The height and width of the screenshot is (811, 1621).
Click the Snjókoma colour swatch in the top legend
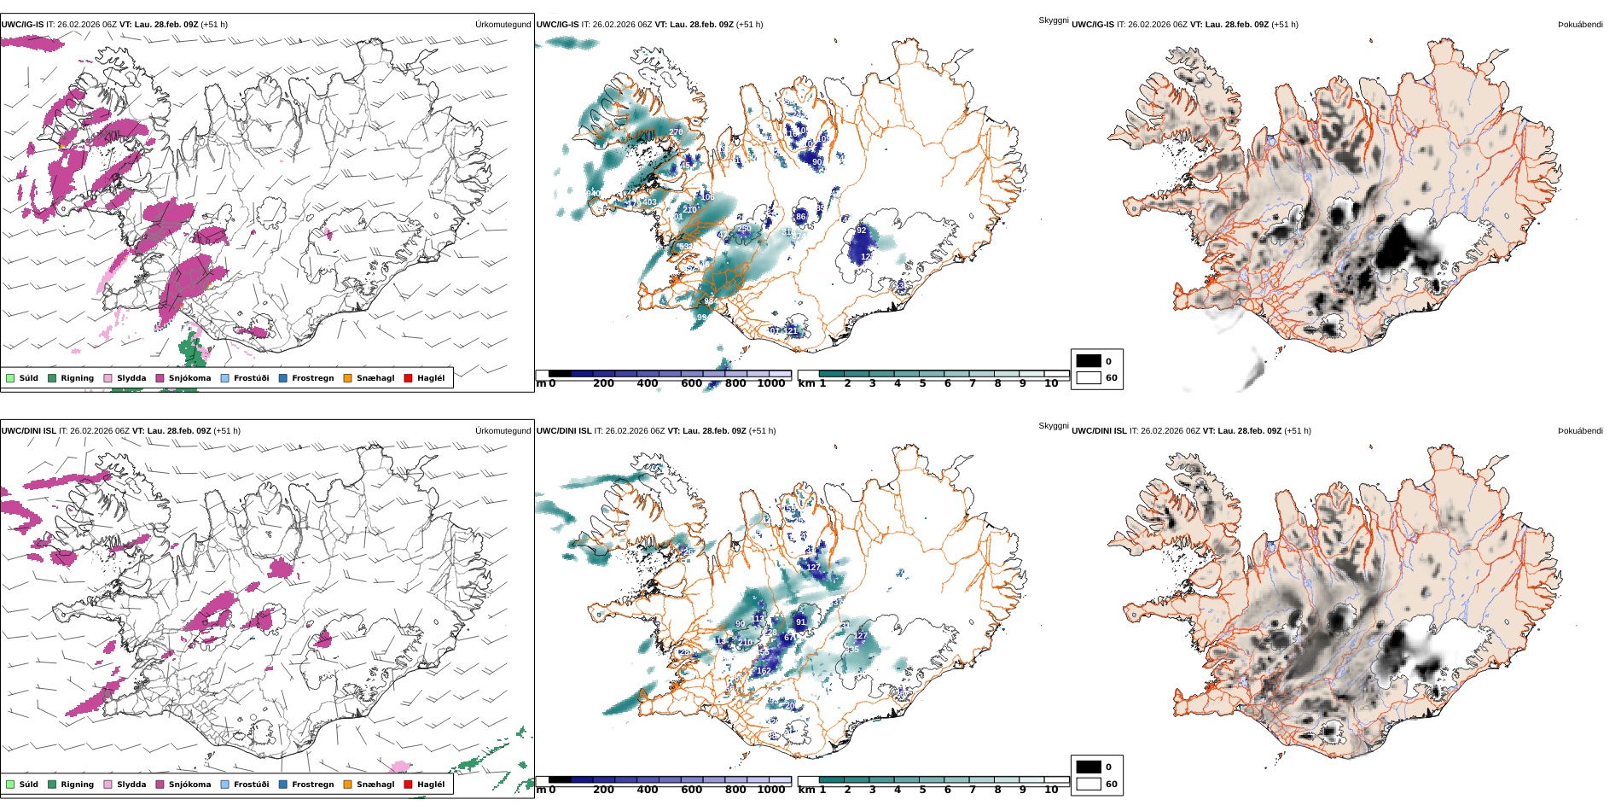click(160, 378)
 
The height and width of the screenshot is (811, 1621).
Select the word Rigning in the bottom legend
click(77, 785)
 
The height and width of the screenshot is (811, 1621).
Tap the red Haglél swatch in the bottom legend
click(408, 785)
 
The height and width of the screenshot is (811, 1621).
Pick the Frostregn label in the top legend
click(312, 378)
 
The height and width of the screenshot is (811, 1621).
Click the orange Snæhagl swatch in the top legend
click(347, 378)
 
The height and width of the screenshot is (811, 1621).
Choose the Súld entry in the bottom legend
click(28, 785)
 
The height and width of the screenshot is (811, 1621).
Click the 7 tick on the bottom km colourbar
click(973, 790)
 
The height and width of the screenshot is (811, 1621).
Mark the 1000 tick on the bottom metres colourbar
click(771, 790)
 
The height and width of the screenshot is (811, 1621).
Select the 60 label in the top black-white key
click(1112, 378)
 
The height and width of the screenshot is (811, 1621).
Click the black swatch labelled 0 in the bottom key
click(1089, 767)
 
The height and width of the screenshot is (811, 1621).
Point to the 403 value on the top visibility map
click(649, 202)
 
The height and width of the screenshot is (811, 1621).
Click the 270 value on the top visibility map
click(676, 132)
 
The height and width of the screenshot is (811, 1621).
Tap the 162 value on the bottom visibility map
click(764, 671)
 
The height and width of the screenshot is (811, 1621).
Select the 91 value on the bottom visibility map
click(800, 622)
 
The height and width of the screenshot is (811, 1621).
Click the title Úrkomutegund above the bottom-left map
click(503, 431)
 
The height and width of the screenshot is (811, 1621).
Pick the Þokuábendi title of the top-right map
click(1580, 25)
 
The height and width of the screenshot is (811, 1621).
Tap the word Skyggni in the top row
click(1054, 20)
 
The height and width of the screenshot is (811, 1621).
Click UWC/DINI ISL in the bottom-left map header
click(28, 431)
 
